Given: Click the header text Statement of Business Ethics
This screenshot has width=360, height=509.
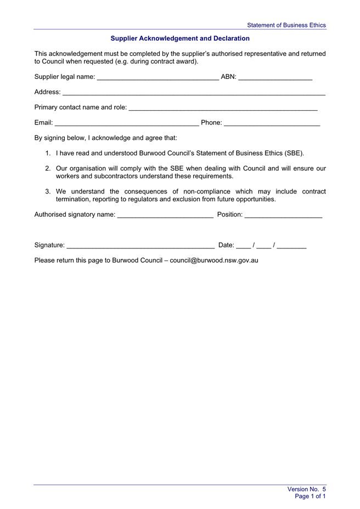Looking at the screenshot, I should [x=286, y=25].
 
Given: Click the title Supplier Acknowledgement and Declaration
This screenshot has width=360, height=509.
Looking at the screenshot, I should [x=180, y=38].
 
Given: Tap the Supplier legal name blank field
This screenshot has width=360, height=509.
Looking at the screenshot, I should [x=157, y=77].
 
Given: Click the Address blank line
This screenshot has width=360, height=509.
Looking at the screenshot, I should [x=194, y=93].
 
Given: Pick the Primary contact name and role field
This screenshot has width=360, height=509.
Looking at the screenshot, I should [x=223, y=108].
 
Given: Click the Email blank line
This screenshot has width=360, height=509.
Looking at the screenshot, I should [x=127, y=123].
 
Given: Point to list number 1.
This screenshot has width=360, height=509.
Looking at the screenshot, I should [x=48, y=154].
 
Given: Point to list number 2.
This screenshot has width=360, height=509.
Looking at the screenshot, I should [x=48, y=168].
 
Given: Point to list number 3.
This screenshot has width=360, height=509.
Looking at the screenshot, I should [x=48, y=191].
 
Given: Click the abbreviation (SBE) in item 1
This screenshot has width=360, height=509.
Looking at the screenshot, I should [x=294, y=154].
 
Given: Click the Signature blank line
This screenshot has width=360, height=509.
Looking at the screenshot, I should [x=140, y=246].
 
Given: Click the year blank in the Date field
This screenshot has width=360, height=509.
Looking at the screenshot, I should [x=291, y=246].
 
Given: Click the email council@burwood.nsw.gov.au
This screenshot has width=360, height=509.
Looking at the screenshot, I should [x=214, y=261].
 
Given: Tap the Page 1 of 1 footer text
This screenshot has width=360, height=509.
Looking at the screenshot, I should [x=310, y=496].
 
